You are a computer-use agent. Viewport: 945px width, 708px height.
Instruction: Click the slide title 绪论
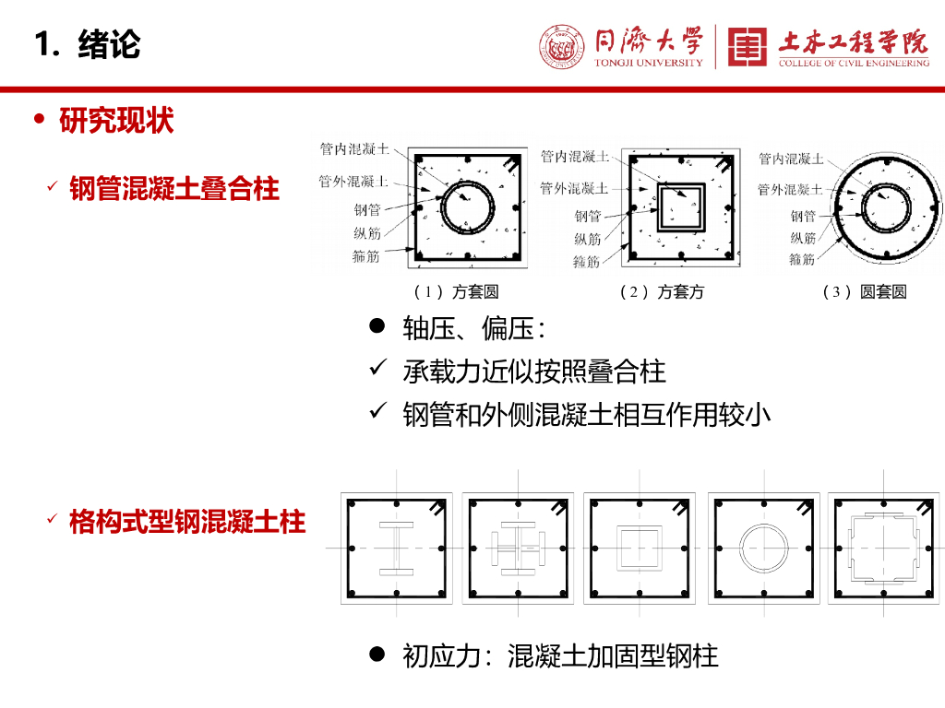[x=109, y=44]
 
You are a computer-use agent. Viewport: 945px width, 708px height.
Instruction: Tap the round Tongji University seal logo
[x=562, y=46]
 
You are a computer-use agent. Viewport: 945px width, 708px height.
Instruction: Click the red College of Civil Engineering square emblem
[x=748, y=46]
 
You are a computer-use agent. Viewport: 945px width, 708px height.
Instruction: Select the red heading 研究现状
[x=116, y=120]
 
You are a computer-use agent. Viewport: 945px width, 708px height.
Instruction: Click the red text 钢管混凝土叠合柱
[x=174, y=188]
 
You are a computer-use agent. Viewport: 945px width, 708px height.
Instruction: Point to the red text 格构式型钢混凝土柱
[x=187, y=521]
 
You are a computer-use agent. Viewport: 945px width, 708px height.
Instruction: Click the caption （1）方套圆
[x=456, y=292]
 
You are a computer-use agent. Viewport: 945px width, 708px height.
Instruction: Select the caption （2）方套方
[x=662, y=292]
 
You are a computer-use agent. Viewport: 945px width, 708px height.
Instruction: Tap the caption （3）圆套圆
[x=865, y=292]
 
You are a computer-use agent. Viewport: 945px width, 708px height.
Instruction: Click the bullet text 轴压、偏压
[x=473, y=329]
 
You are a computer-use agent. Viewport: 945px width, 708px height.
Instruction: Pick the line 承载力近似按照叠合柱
[x=534, y=372]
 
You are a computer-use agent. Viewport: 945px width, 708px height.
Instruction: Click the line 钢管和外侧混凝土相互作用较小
[x=586, y=414]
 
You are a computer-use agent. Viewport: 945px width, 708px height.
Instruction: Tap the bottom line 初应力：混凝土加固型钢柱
[x=560, y=655]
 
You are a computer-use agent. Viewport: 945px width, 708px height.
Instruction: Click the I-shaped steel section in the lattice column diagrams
[x=396, y=548]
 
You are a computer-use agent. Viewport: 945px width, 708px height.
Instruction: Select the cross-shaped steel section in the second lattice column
[x=518, y=548]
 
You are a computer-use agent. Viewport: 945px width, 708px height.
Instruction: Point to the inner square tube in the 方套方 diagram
[x=659, y=207]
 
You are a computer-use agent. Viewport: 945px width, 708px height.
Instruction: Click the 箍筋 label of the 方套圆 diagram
[x=365, y=256]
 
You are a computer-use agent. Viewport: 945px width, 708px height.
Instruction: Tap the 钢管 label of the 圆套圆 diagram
[x=803, y=216]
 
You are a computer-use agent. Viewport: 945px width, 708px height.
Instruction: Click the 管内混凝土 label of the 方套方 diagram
[x=575, y=157]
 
